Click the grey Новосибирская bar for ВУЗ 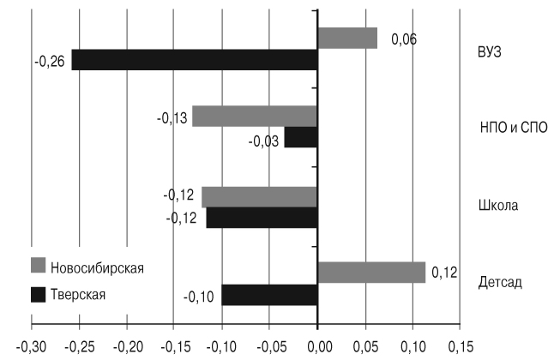coord(347,38)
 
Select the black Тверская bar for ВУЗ coord(195,60)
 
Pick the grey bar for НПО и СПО coord(255,117)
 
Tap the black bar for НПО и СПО coord(301,137)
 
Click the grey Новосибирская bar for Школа coord(260,196)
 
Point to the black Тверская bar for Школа coord(262,218)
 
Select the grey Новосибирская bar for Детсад coord(371,273)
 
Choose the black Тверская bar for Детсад coord(270,295)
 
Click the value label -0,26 coord(47,60)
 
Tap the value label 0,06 coord(403,39)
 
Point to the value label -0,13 coord(172,117)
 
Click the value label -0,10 coord(198,297)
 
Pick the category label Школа coord(498,206)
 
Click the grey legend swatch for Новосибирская coord(38,267)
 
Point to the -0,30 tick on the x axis coord(32,347)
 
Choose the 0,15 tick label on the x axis coord(461,347)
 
